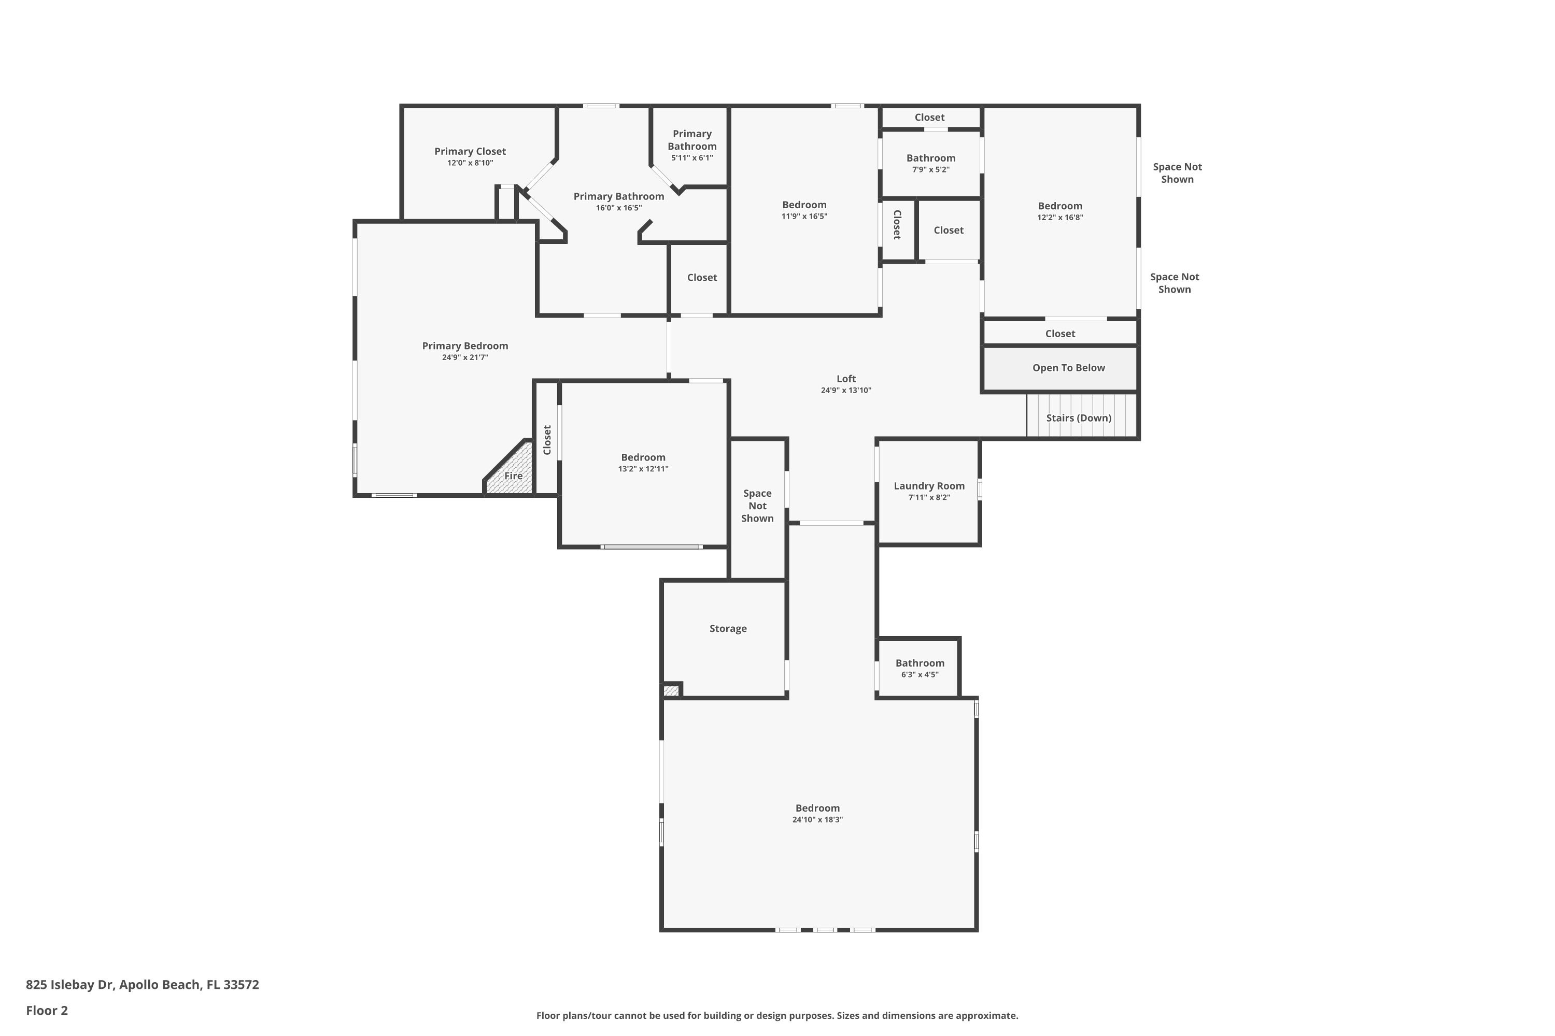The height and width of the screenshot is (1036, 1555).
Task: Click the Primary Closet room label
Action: (x=470, y=151)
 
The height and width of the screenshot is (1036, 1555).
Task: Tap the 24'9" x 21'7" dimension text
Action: (x=465, y=357)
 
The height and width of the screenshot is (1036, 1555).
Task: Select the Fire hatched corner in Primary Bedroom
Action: (x=509, y=468)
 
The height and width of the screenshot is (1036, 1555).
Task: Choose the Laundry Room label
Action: (x=929, y=486)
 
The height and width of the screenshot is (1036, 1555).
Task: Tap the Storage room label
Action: (x=728, y=628)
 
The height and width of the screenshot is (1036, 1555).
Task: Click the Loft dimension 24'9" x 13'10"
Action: (x=846, y=391)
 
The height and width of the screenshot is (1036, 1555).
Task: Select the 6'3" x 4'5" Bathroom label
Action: (x=920, y=663)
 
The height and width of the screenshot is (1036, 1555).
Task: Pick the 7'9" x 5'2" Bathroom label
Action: (x=931, y=158)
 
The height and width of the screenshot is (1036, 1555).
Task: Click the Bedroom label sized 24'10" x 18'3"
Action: (x=818, y=808)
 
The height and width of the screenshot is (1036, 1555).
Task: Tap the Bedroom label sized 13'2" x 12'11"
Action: (x=643, y=457)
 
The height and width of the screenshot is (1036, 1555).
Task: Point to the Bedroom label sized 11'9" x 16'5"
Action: (x=804, y=205)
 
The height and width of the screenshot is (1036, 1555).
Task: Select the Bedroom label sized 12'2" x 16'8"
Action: (x=1060, y=206)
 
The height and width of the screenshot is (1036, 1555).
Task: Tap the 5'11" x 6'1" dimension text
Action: (x=692, y=158)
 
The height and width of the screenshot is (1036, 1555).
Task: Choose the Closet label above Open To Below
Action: (x=1061, y=334)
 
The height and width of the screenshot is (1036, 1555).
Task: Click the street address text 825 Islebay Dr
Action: (x=70, y=985)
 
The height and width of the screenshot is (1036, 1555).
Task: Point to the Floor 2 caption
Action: (x=47, y=1010)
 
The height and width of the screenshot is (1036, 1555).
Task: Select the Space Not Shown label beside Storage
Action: (x=757, y=506)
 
